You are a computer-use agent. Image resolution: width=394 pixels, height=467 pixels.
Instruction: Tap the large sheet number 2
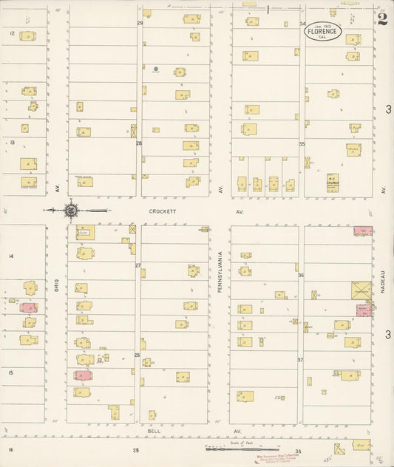click(x=381, y=19)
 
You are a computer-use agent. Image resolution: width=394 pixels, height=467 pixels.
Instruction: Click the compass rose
click(x=71, y=211)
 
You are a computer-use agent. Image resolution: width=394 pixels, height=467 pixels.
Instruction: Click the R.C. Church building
click(x=333, y=181)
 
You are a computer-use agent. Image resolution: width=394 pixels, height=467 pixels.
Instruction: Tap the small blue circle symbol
click(x=155, y=69)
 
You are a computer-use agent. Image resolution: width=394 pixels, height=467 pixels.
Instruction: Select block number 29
click(x=140, y=23)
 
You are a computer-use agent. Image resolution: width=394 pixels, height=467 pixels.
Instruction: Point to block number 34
click(x=302, y=24)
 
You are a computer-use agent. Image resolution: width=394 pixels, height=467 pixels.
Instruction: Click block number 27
click(x=137, y=265)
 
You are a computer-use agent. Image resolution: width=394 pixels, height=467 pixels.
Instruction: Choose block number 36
click(x=301, y=275)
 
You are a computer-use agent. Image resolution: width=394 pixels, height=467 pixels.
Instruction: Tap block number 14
click(x=11, y=256)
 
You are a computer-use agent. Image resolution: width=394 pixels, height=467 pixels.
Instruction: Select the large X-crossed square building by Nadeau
click(x=361, y=290)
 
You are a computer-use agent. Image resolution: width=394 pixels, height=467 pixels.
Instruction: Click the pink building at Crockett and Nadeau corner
click(x=362, y=231)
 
